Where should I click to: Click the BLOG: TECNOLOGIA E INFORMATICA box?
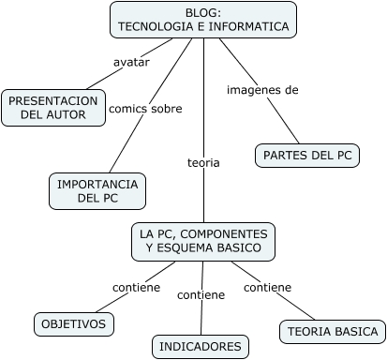(202, 20)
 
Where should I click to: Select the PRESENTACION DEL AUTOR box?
(53, 108)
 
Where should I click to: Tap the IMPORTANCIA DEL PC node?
(97, 191)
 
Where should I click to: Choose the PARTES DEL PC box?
(307, 156)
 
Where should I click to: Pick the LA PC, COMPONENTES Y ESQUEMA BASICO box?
(203, 241)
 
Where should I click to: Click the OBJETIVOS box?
(75, 324)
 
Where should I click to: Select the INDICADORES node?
(201, 347)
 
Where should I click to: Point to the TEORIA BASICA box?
(332, 331)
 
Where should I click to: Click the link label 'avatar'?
(131, 62)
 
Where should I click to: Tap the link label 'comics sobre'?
(145, 109)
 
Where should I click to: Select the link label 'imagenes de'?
(262, 90)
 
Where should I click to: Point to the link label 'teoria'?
(203, 162)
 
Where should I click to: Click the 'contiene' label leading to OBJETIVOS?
(136, 287)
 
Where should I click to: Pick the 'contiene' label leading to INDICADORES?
(201, 294)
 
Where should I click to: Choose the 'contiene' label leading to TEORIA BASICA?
(267, 287)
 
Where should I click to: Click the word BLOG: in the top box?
(203, 12)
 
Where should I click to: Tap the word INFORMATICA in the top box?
(248, 27)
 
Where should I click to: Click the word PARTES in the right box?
(284, 156)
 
